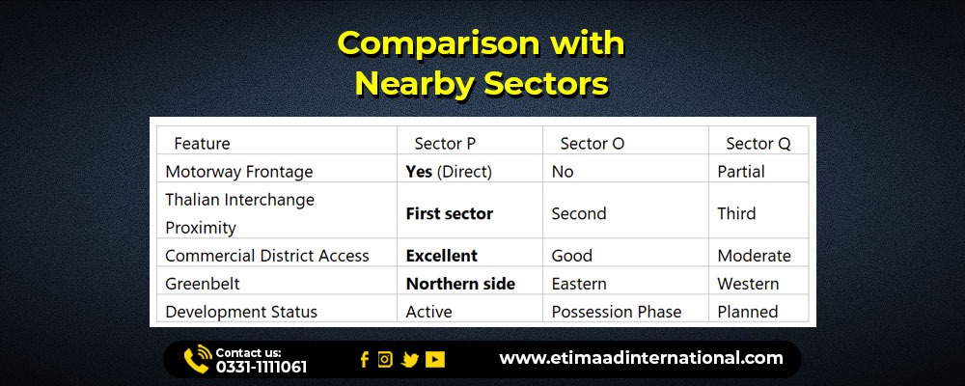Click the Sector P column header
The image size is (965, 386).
click(x=445, y=144)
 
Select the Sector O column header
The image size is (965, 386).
click(x=593, y=144)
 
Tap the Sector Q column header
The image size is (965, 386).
click(x=758, y=144)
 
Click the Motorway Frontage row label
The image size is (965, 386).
click(x=238, y=172)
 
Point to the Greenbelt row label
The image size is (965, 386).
click(x=203, y=284)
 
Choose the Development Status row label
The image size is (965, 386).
click(x=241, y=312)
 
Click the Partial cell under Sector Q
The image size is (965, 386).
click(x=741, y=172)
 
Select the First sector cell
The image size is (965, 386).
click(x=450, y=213)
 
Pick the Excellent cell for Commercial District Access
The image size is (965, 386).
click(x=441, y=256)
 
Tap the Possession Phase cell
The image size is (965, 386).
click(x=616, y=312)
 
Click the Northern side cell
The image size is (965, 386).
click(x=460, y=284)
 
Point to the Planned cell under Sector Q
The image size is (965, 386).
click(x=748, y=312)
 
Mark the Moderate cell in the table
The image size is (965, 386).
click(x=754, y=256)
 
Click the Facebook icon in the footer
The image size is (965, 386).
click(x=365, y=360)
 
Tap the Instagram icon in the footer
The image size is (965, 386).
click(x=385, y=359)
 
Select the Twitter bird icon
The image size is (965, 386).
click(x=410, y=360)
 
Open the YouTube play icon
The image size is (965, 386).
click(x=435, y=360)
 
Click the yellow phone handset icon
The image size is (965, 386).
click(x=197, y=359)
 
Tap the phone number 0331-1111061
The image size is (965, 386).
click(x=261, y=368)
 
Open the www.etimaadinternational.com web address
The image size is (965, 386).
click(x=642, y=358)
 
